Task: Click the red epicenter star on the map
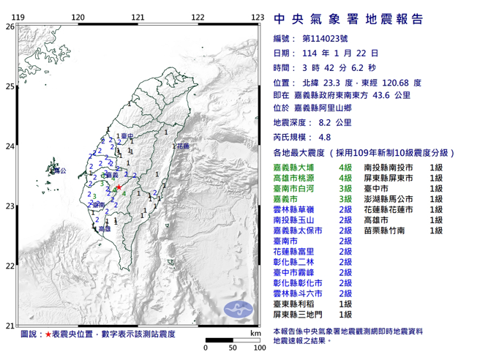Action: (119, 187)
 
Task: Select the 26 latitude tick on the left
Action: (10, 26)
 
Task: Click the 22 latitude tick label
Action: (10, 266)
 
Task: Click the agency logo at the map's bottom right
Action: (239, 310)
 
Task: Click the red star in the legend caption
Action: (49, 334)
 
